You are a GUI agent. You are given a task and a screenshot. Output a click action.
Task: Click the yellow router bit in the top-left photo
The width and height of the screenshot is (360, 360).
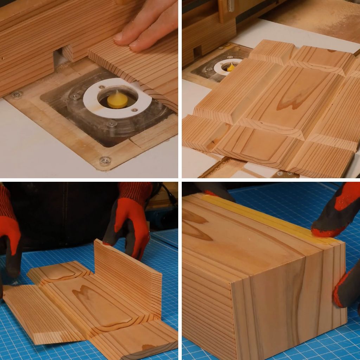pos(117,101)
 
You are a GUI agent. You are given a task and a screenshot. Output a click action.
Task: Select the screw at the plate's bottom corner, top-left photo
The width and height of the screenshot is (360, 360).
pos(105,160)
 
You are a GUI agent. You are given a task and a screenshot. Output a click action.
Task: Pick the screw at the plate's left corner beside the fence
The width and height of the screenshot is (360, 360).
pos(16,94)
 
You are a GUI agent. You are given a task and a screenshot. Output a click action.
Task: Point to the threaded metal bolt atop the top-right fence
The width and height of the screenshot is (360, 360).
pos(231,5)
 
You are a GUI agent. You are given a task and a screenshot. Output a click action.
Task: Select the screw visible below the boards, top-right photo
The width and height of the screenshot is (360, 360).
pos(281,173)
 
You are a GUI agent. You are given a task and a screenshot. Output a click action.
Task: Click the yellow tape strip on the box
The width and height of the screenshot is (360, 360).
pos(267,218)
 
